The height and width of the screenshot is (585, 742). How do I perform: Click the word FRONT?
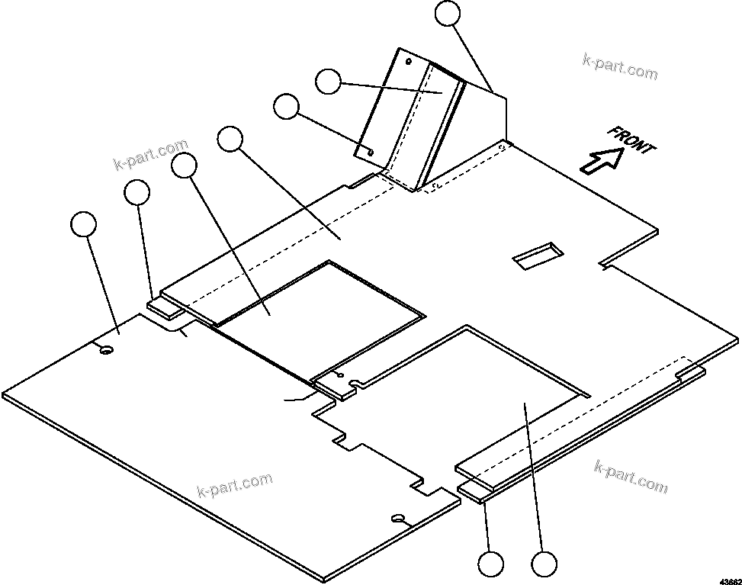pyautogui.click(x=631, y=140)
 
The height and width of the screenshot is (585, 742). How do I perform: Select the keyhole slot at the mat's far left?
pyautogui.click(x=107, y=349)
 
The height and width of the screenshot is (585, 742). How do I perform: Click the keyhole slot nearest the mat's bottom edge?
pyautogui.click(x=398, y=519)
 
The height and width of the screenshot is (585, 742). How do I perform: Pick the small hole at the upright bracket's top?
pyautogui.click(x=409, y=61)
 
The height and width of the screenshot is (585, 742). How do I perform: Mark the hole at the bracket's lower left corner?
pyautogui.click(x=370, y=151)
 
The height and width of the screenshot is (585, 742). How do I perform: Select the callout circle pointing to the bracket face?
pyautogui.click(x=329, y=81)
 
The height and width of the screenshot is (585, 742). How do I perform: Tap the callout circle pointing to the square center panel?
pyautogui.click(x=185, y=165)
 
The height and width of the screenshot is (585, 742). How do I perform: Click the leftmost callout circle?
pyautogui.click(x=83, y=225)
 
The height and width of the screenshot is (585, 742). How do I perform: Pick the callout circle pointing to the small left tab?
pyautogui.click(x=137, y=193)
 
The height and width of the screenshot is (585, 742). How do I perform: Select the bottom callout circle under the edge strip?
pyautogui.click(x=491, y=565)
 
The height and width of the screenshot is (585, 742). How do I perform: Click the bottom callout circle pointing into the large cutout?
pyautogui.click(x=544, y=565)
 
